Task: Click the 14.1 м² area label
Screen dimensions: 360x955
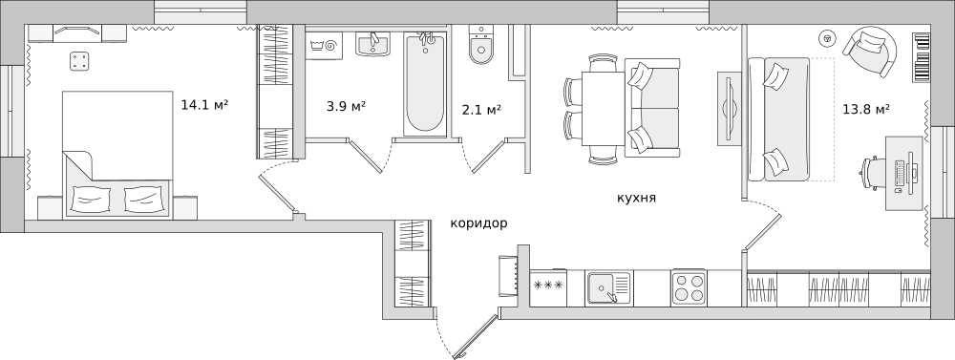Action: tap(203, 104)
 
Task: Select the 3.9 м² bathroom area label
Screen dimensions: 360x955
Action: tap(347, 106)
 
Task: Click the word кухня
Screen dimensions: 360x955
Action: tap(636, 198)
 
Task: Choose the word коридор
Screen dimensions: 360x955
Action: tap(478, 222)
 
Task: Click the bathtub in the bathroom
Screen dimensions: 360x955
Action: tap(425, 83)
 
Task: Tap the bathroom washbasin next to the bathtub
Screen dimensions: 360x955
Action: tap(373, 44)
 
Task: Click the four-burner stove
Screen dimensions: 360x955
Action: tap(688, 287)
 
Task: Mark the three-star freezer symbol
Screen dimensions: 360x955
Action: tap(548, 286)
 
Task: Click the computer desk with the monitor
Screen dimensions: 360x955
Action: tap(902, 172)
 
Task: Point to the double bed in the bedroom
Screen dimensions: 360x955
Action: tap(117, 155)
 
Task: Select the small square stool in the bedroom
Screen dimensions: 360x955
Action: tap(79, 62)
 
